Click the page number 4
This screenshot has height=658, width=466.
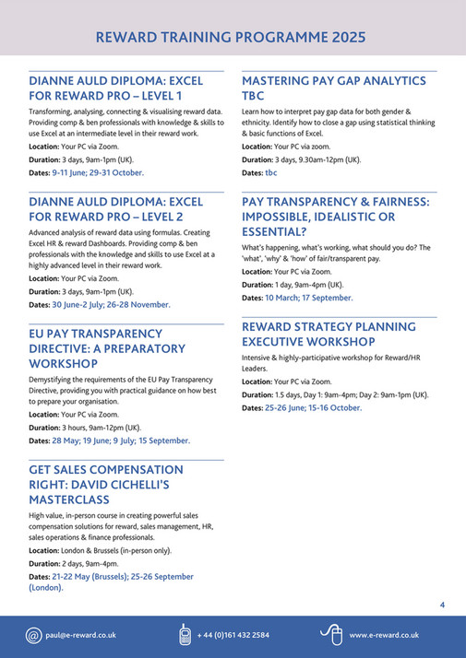coord(442,605)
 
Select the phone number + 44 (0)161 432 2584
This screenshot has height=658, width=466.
coord(233,635)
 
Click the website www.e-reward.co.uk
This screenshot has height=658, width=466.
coord(384,635)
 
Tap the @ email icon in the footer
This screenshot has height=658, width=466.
coord(34,635)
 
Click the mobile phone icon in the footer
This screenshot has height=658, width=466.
coord(185,635)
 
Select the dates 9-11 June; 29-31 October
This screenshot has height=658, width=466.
coord(98,172)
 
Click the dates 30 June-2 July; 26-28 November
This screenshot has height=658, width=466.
coord(111,304)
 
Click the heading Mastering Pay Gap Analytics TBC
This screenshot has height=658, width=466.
coord(333,88)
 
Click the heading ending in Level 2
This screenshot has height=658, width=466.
coord(115,208)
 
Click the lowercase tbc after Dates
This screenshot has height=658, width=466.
coord(271,172)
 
